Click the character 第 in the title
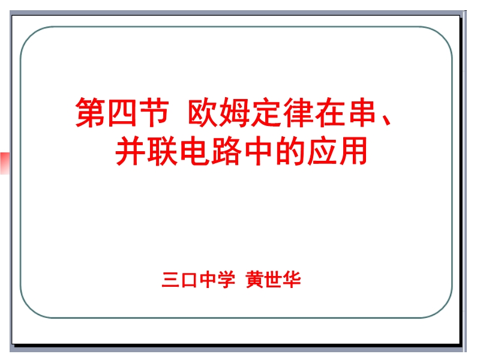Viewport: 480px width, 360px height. tap(91, 112)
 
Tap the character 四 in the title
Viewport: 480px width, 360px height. tap(122, 112)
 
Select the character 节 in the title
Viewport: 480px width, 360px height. tap(154, 112)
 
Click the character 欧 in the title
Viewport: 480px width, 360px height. tap(203, 112)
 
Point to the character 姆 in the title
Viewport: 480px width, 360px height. tap(235, 112)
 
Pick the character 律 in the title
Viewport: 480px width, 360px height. tap(298, 112)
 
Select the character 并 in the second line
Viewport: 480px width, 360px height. tap(130, 151)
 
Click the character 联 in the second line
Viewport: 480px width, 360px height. tap(163, 151)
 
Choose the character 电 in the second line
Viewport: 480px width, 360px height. tap(194, 151)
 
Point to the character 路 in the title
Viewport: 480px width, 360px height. tap(226, 151)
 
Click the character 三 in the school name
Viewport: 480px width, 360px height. tap(170, 279)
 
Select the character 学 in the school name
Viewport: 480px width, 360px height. tap(226, 279)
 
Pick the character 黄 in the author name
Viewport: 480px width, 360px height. tap(254, 279)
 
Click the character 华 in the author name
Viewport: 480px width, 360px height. tap(292, 279)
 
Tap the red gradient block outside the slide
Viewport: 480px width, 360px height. tap(5, 163)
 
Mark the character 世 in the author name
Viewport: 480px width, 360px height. tap(273, 279)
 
